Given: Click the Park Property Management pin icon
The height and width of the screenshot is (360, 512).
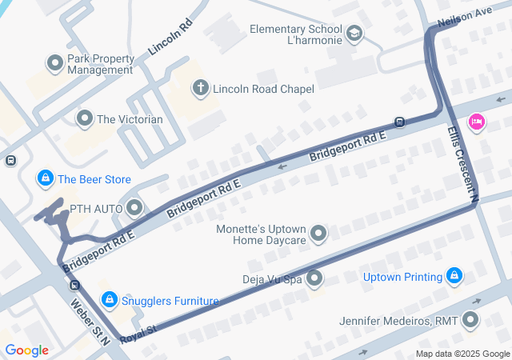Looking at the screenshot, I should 55,62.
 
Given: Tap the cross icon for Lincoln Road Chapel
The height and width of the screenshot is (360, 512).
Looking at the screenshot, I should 202,87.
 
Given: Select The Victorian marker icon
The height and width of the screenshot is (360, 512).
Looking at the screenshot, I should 85,119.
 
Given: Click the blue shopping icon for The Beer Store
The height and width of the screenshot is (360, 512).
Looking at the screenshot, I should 46,178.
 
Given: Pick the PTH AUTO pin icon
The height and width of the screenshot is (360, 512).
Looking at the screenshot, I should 134,209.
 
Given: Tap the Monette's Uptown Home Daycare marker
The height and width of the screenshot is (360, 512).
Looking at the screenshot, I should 319,234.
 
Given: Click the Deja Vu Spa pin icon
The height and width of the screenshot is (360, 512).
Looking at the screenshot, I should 314,278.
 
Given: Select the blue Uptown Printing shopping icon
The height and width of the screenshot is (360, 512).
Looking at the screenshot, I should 454,277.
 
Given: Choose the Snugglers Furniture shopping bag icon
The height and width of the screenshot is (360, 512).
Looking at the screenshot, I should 109,300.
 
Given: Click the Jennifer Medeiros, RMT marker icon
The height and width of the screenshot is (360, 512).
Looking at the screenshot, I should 470,321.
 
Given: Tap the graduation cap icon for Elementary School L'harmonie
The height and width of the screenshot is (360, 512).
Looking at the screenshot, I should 354,34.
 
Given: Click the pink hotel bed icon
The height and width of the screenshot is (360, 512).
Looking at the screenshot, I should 477,122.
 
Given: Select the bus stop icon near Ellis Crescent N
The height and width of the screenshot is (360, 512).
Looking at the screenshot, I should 399,122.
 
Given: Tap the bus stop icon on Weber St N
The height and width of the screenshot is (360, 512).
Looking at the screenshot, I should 74,285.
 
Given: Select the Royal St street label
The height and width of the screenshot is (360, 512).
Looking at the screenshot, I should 138,334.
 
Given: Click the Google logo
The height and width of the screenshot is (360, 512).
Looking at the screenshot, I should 26,350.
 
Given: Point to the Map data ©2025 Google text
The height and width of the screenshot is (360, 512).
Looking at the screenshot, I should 462,354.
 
